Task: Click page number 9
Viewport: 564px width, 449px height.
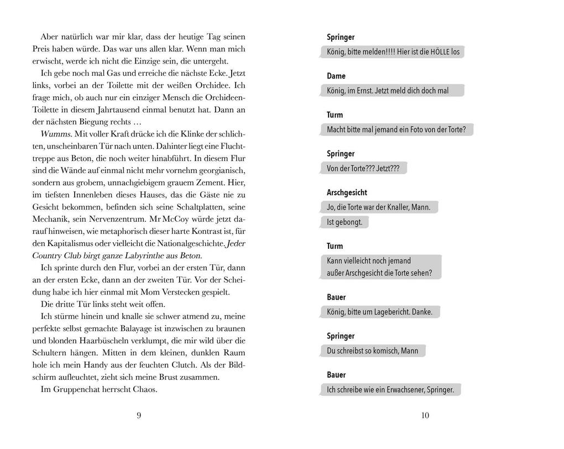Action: coord(139,416)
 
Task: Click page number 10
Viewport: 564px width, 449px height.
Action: coord(425,416)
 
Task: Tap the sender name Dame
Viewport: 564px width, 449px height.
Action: coord(336,76)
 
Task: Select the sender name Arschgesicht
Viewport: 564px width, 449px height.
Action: coord(347,192)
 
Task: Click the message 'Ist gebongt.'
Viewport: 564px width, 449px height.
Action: coord(344,222)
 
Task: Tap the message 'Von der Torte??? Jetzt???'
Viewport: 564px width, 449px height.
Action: coord(363,169)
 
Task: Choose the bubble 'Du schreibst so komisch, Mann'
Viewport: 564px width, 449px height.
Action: coord(373,351)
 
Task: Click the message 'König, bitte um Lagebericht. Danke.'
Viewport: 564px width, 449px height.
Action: coord(379,312)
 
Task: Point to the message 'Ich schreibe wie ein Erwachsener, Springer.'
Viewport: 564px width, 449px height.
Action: coord(390,390)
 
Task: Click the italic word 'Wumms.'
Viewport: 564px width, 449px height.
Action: coord(53,134)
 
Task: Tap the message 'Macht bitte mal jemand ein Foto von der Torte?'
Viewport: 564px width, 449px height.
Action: coord(396,130)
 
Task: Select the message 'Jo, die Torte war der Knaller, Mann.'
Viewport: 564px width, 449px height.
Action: coord(379,207)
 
